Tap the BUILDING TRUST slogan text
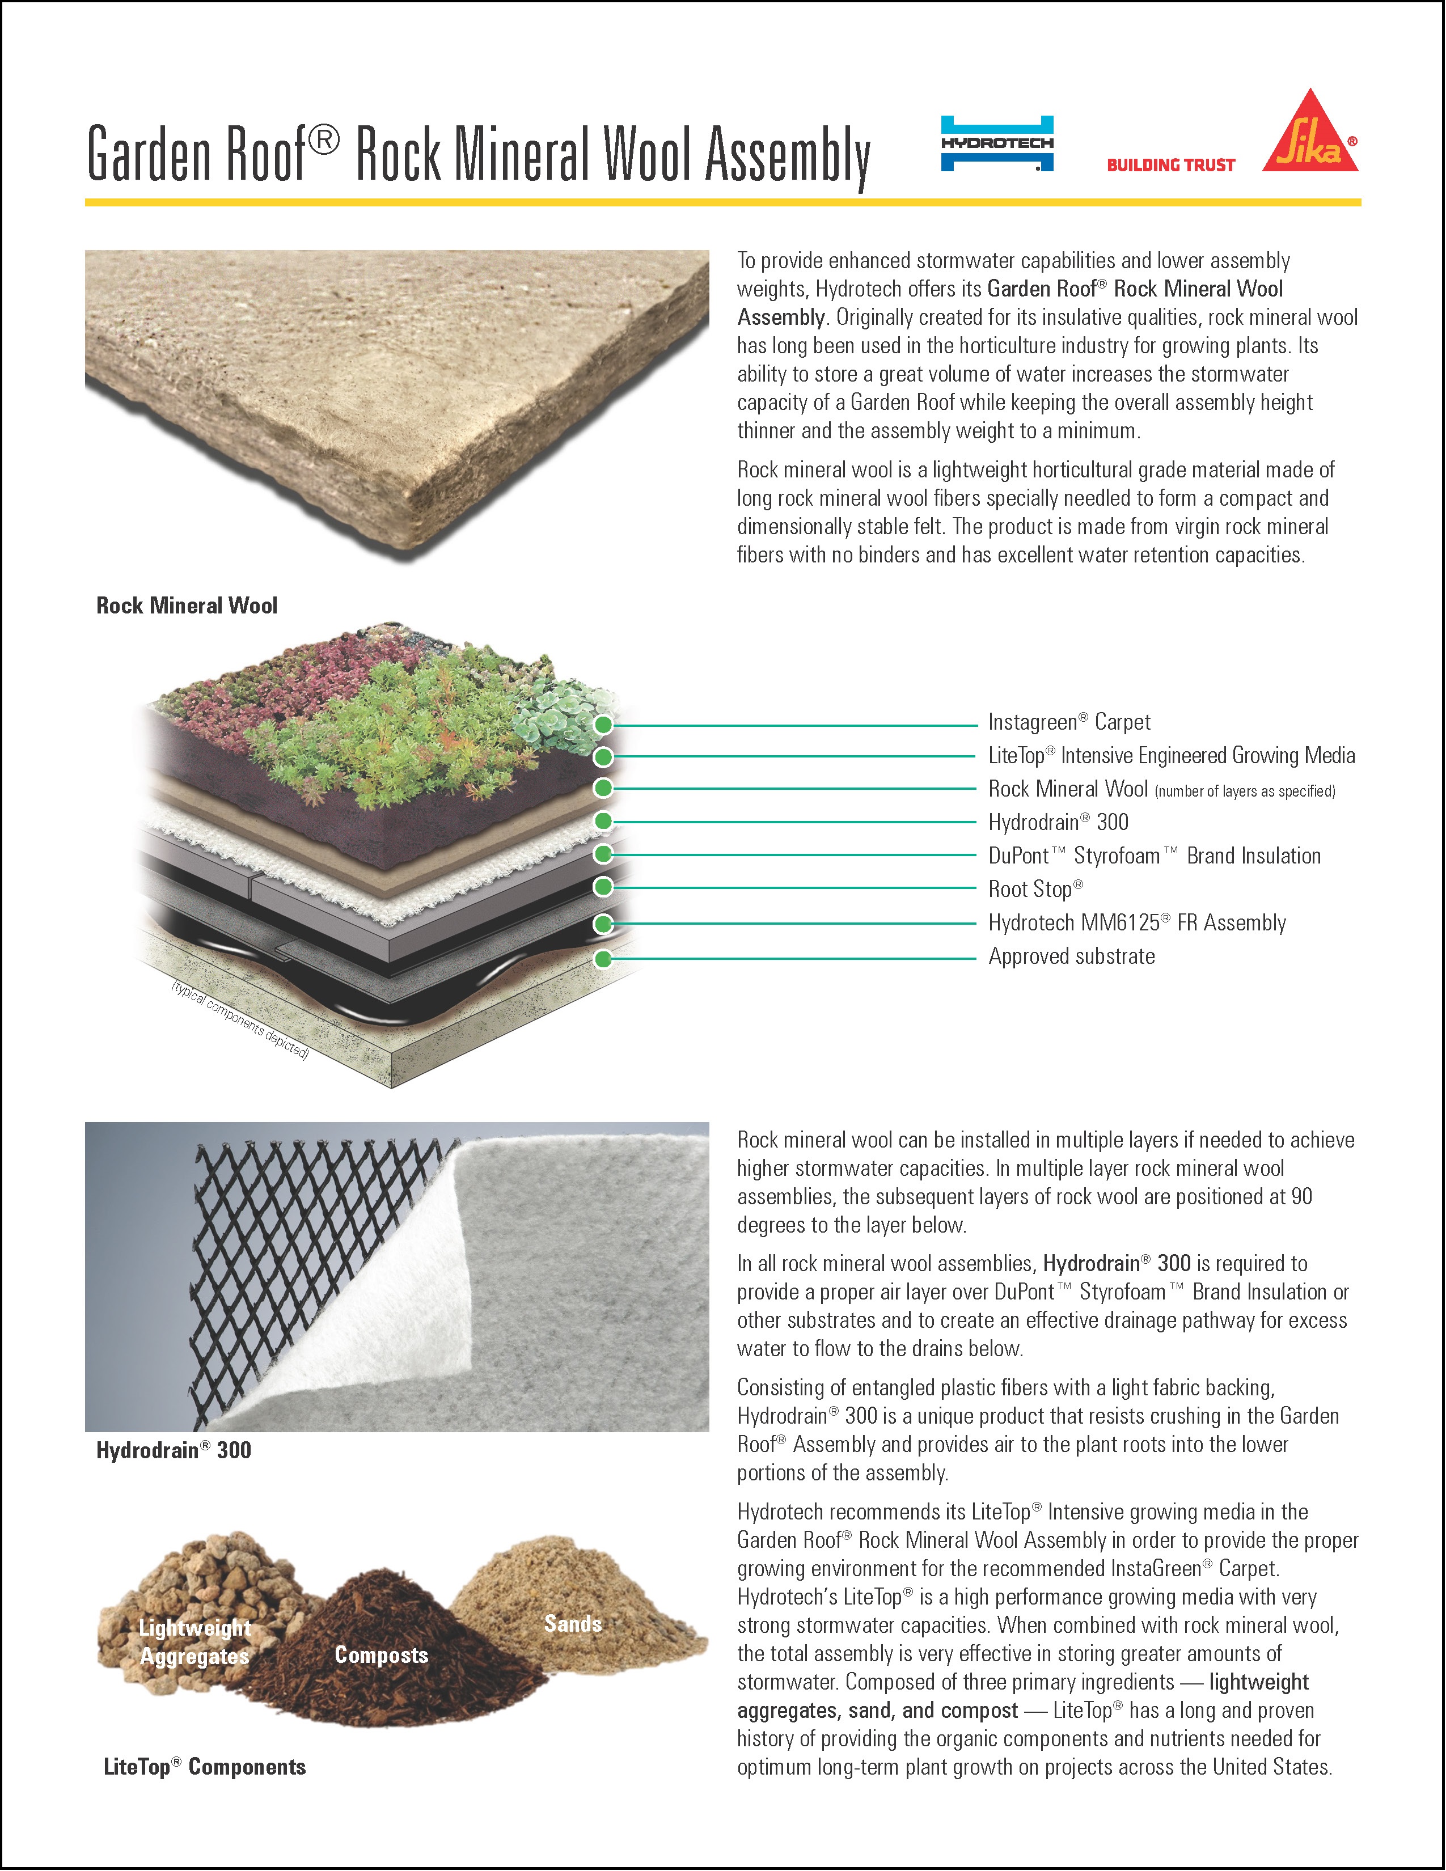pos(1170,166)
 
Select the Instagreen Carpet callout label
pos(1068,722)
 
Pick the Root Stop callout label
pos(1035,889)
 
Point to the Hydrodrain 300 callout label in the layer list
pos(1058,823)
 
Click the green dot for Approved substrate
pos(603,959)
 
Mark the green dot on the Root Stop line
pos(603,887)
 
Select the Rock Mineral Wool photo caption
pos(187,606)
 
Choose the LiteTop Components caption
pos(204,1767)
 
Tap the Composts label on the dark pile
pos(381,1655)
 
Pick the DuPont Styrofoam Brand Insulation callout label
pos(1154,856)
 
